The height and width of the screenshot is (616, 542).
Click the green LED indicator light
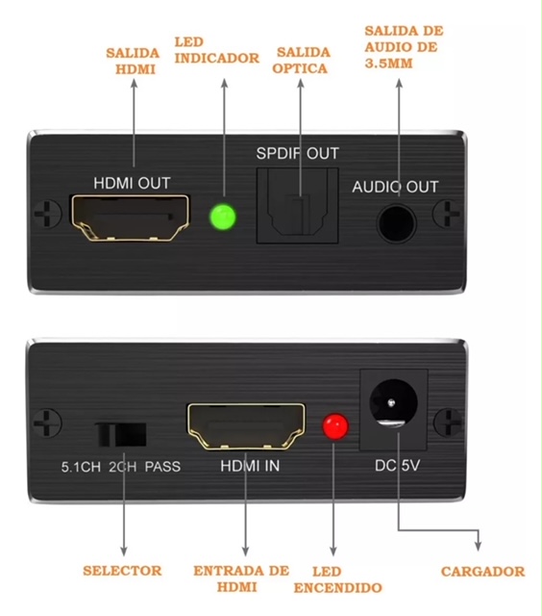[x=223, y=217]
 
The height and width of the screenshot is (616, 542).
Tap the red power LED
[x=335, y=426]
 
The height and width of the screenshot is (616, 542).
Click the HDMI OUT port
[x=130, y=218]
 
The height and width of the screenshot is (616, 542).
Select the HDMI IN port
[x=246, y=426]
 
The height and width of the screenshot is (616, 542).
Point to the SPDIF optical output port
[x=297, y=206]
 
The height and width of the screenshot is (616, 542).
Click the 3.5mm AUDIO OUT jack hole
[x=396, y=223]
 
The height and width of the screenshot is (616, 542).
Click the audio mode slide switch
[x=121, y=434]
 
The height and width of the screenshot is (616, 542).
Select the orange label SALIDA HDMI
[x=133, y=62]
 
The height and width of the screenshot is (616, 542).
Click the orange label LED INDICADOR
[x=217, y=50]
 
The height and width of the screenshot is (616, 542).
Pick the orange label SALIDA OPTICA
[x=301, y=60]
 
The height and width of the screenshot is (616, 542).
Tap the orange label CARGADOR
[x=482, y=572]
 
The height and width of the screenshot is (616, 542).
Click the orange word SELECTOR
[x=122, y=571]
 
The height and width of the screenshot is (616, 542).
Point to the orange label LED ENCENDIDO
[x=337, y=579]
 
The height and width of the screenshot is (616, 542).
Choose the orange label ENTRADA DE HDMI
[x=241, y=578]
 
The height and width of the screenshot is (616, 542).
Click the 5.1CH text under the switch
[x=81, y=467]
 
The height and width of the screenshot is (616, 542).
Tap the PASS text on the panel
[x=162, y=467]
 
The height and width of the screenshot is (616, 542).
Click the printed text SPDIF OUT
[x=297, y=153]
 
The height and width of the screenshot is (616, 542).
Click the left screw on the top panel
[x=47, y=214]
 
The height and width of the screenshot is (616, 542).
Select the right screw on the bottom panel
[x=447, y=423]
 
